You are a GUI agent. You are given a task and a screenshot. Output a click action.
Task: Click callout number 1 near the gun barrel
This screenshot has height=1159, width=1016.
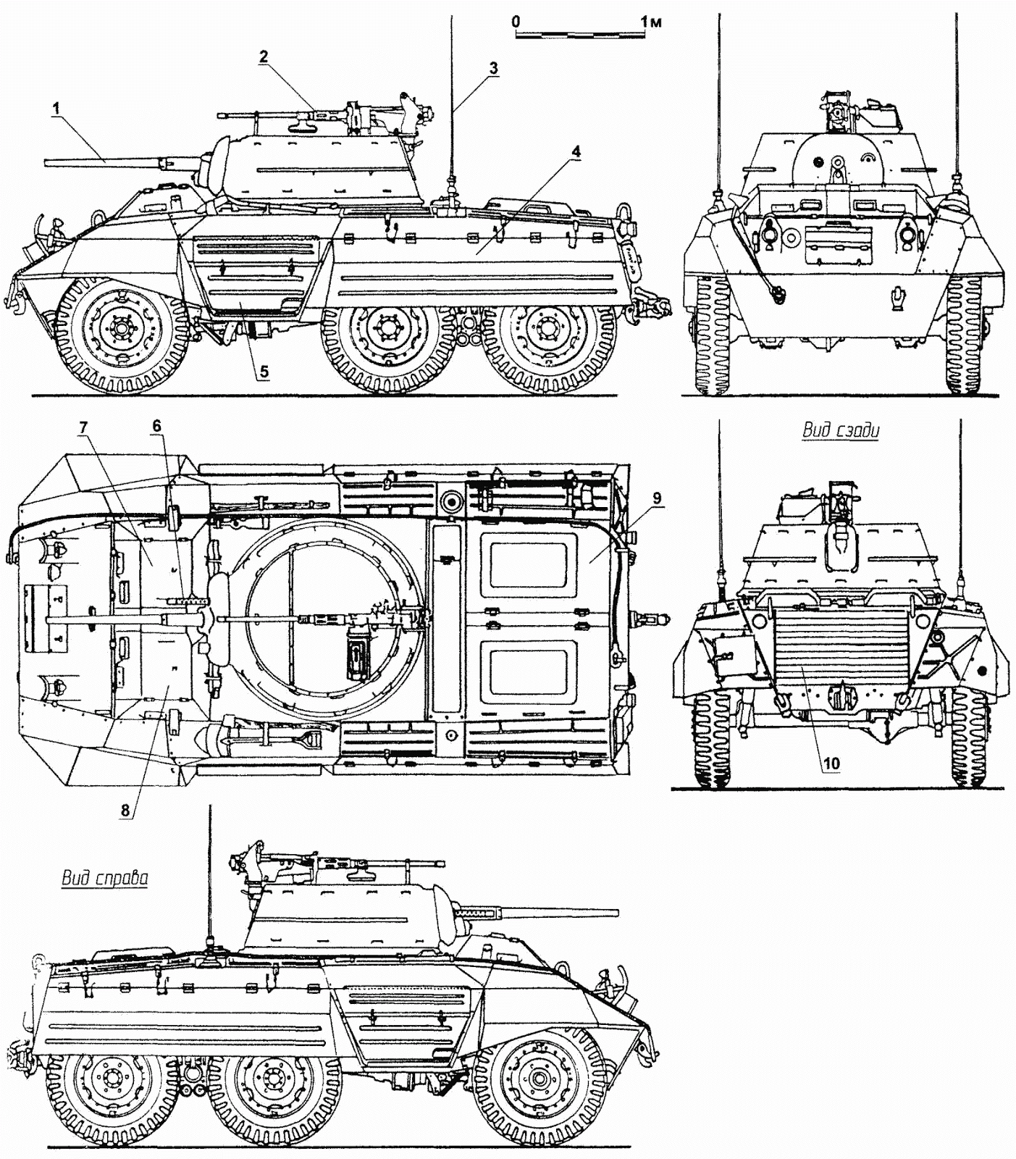[x=56, y=107]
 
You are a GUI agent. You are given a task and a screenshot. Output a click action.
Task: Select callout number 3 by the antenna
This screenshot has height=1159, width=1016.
[x=492, y=68]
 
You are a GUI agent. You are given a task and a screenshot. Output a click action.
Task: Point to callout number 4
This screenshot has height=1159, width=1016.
[x=575, y=151]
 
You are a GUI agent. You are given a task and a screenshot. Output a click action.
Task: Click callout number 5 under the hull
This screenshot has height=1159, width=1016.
[x=264, y=372]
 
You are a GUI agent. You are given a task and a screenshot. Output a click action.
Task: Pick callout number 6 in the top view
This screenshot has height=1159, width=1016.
[x=156, y=427]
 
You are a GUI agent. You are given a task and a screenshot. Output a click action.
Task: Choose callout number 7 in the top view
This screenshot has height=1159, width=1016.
[x=83, y=427]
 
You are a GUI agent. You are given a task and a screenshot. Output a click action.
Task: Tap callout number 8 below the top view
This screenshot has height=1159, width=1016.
[x=125, y=811]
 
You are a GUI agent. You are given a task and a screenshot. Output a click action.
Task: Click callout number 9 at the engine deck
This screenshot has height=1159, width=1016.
[x=657, y=498]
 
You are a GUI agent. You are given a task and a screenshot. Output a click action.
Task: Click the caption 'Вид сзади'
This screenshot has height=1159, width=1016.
[x=840, y=431]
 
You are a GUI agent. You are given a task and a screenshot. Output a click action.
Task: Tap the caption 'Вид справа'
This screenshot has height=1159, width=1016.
[x=104, y=879]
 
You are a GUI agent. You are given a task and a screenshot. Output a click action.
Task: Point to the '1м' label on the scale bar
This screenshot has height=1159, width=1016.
[x=651, y=22]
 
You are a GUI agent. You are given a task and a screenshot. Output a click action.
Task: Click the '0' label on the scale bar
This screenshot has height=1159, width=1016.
[x=516, y=22]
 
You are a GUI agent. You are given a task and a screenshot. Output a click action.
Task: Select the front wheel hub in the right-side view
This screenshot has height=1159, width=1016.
[x=538, y=1079]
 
